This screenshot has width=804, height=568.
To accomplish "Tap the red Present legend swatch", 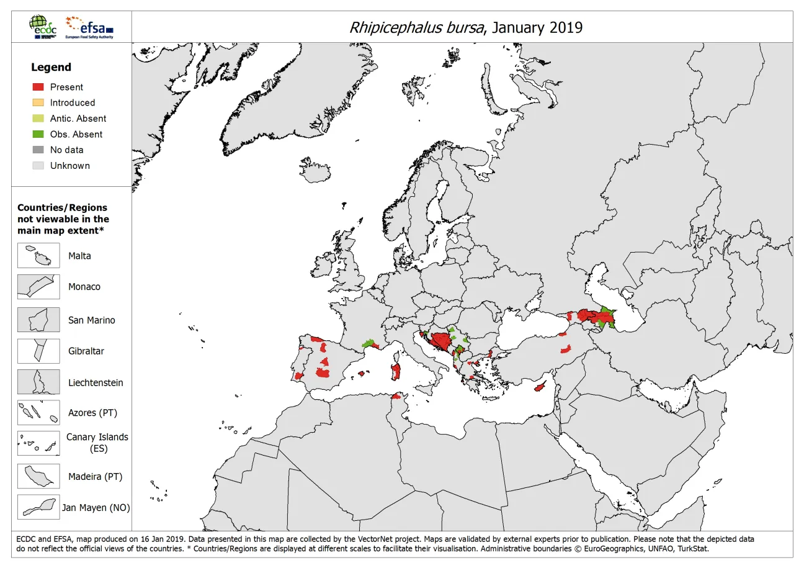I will [38, 87].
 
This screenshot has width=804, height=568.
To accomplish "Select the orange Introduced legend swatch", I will [38, 102].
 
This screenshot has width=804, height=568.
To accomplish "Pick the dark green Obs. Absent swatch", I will [38, 134].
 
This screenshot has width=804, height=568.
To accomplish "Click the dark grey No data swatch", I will [38, 150].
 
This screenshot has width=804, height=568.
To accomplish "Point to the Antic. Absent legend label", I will [78, 119].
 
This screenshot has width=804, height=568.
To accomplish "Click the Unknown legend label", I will [70, 166].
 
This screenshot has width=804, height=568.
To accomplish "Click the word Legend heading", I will [51, 67].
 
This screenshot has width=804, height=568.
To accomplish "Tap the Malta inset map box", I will [38, 255].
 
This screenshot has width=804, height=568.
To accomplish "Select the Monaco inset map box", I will [38, 287].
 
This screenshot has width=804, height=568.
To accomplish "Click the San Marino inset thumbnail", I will [38, 320].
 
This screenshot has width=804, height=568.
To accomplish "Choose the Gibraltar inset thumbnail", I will [38, 351].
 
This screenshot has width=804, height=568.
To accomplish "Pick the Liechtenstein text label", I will [96, 382].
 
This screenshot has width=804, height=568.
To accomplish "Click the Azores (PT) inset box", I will [38, 413].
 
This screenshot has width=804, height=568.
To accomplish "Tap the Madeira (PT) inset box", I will [38, 477].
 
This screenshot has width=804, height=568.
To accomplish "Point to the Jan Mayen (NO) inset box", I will [38, 507].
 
